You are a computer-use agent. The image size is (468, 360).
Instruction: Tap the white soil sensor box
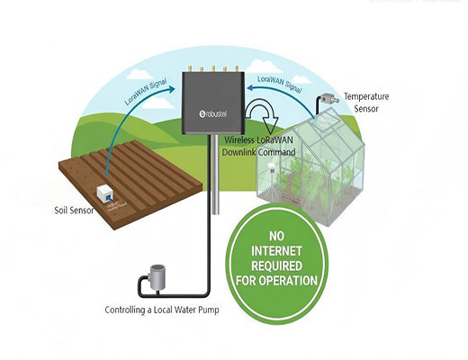pos(105,193)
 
